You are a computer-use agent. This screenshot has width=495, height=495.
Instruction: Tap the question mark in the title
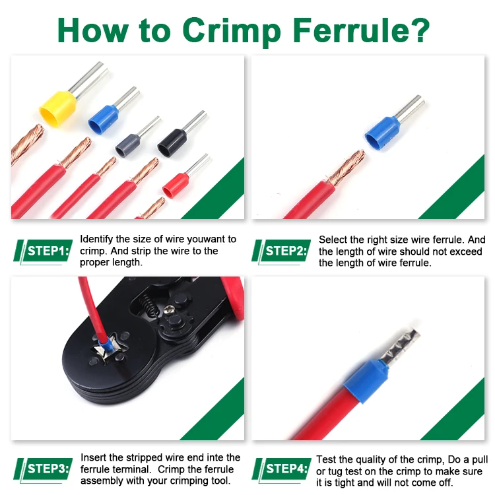tap(420, 28)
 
